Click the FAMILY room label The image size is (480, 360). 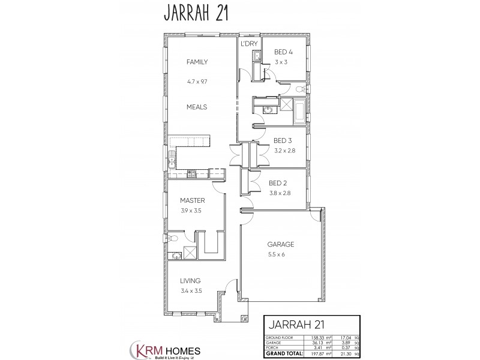(x=197, y=62)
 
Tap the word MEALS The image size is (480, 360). (x=197, y=107)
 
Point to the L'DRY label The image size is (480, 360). (x=248, y=44)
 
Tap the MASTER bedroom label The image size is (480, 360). (x=193, y=200)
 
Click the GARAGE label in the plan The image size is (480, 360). (x=280, y=245)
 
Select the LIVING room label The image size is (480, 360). (x=190, y=281)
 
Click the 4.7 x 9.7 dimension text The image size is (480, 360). (x=197, y=80)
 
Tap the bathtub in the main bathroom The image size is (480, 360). (x=298, y=110)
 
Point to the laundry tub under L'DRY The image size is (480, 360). (x=255, y=57)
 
